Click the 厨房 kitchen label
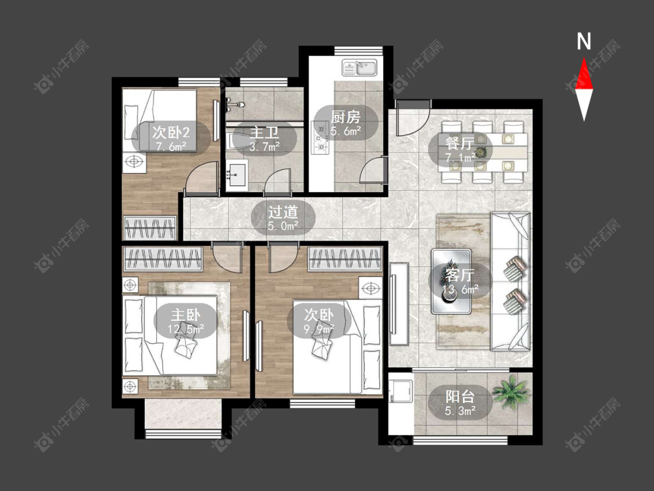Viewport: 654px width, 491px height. (346, 117)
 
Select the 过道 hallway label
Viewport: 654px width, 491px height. (283, 212)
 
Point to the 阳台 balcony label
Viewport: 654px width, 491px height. (460, 397)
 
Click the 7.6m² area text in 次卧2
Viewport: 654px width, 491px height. (171, 147)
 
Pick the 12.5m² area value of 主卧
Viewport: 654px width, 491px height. (185, 329)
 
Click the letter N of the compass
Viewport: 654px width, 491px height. (584, 41)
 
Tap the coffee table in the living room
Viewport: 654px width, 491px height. (451, 282)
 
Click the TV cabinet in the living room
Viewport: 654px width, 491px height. (399, 304)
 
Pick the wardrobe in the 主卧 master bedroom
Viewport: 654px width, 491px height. (163, 258)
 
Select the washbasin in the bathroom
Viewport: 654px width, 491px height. (237, 175)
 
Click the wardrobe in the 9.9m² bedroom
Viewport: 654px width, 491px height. (345, 258)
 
